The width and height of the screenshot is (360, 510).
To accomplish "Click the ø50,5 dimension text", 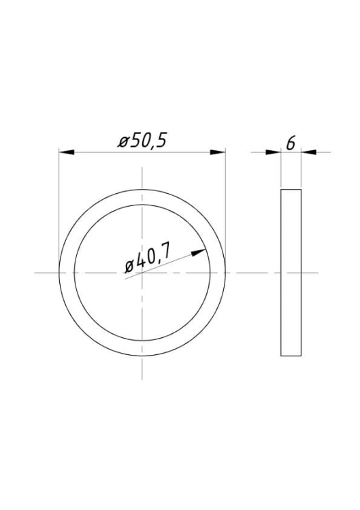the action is tap(142, 141).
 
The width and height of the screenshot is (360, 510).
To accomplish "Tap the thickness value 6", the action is tap(291, 143).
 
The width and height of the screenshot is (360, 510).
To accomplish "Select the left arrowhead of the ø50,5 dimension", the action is tap(67, 152).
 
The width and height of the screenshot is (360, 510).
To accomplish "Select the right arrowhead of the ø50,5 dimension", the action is tap(218, 152).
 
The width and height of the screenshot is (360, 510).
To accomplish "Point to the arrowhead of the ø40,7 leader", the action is tap(199, 252).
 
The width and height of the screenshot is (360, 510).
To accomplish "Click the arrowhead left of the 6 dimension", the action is tap(273, 152).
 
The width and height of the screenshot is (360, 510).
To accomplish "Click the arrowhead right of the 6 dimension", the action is tap(309, 152).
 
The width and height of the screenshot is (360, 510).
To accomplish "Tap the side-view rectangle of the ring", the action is tap(291, 273).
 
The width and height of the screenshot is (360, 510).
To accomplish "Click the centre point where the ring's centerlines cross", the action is tap(142, 273).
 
